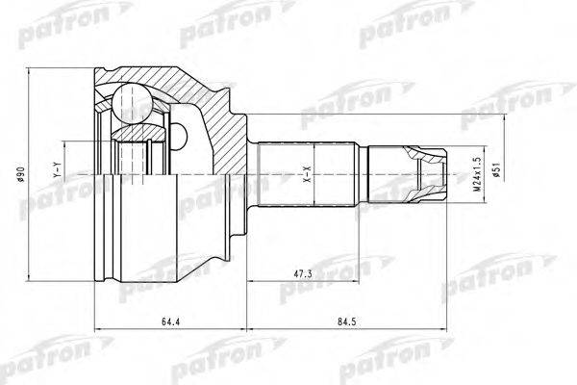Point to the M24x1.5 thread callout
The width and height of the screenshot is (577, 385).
pyautogui.click(x=474, y=176)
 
